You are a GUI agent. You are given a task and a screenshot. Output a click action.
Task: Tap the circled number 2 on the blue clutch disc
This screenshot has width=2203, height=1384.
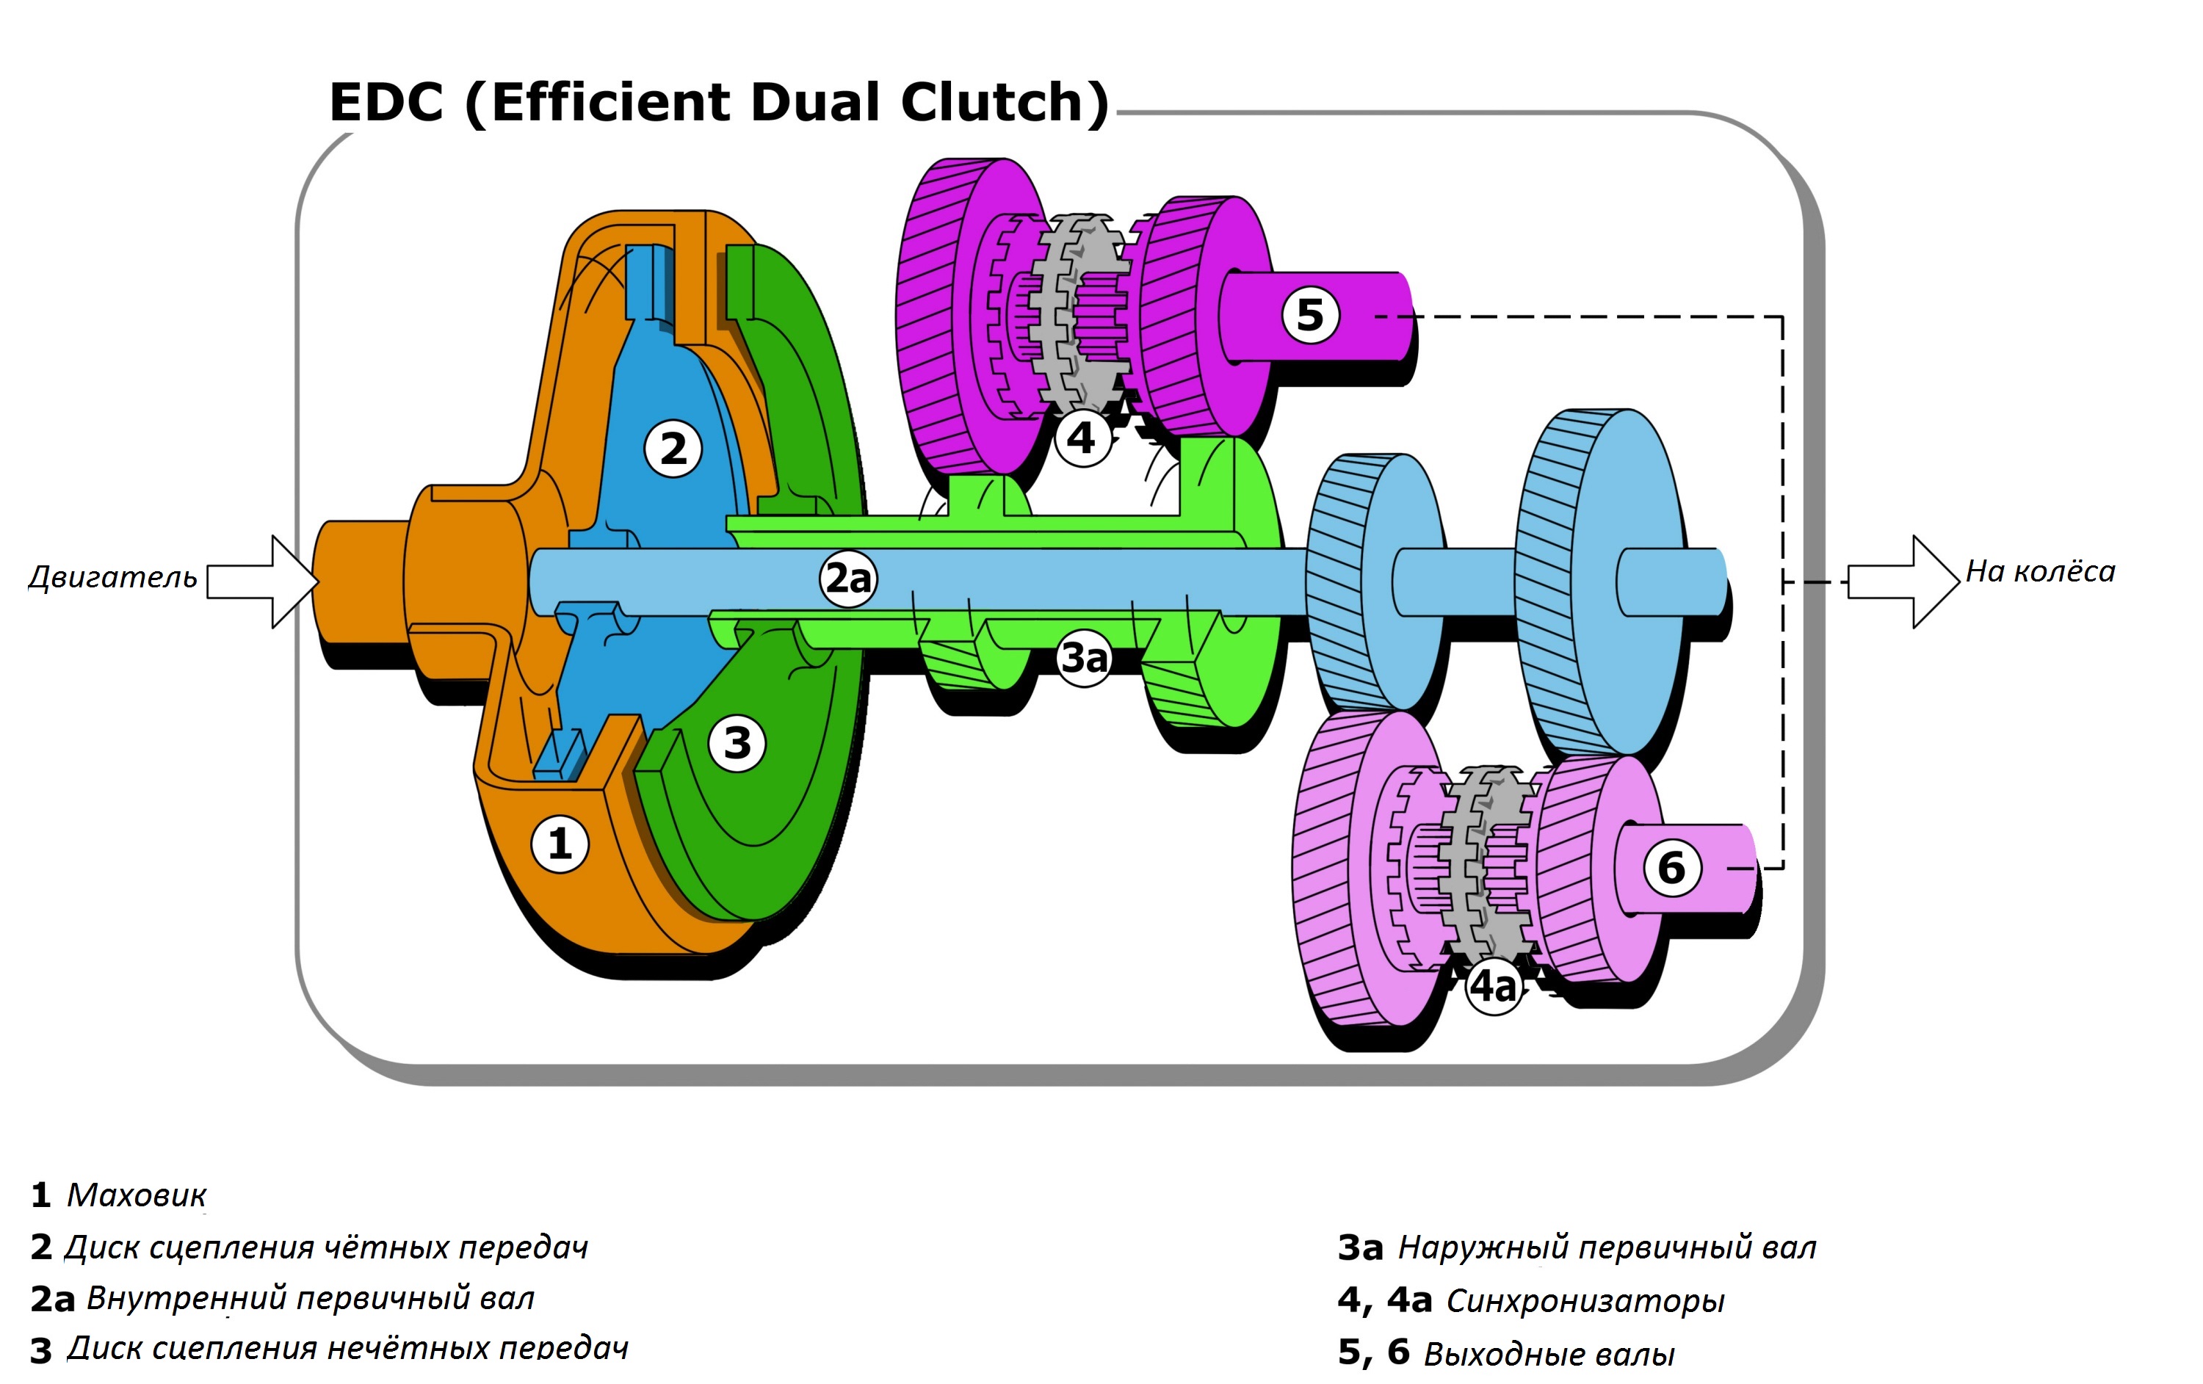(673, 448)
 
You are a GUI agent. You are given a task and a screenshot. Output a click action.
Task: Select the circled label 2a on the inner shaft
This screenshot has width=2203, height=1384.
(848, 578)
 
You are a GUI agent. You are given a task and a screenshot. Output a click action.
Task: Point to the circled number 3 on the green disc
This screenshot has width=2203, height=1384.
(737, 743)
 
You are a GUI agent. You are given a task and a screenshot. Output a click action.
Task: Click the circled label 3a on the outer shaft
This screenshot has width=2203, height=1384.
(1084, 657)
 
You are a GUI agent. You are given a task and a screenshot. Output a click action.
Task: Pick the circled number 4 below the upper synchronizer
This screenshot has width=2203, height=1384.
(1082, 438)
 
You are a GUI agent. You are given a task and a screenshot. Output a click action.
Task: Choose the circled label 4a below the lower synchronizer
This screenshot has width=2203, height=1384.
(1494, 986)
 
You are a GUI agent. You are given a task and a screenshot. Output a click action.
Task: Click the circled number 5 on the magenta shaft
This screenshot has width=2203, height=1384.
(1310, 315)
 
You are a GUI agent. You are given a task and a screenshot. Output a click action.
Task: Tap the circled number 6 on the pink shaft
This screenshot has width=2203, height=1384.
(1671, 867)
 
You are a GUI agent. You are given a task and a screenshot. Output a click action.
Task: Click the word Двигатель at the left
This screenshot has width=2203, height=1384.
(112, 577)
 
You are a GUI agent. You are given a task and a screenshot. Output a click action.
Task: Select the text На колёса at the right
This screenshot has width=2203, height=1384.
(2040, 572)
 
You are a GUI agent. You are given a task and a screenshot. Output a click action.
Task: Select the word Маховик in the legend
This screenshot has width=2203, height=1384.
(137, 1195)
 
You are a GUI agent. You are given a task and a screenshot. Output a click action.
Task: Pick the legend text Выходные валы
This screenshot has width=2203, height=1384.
(1548, 1353)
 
